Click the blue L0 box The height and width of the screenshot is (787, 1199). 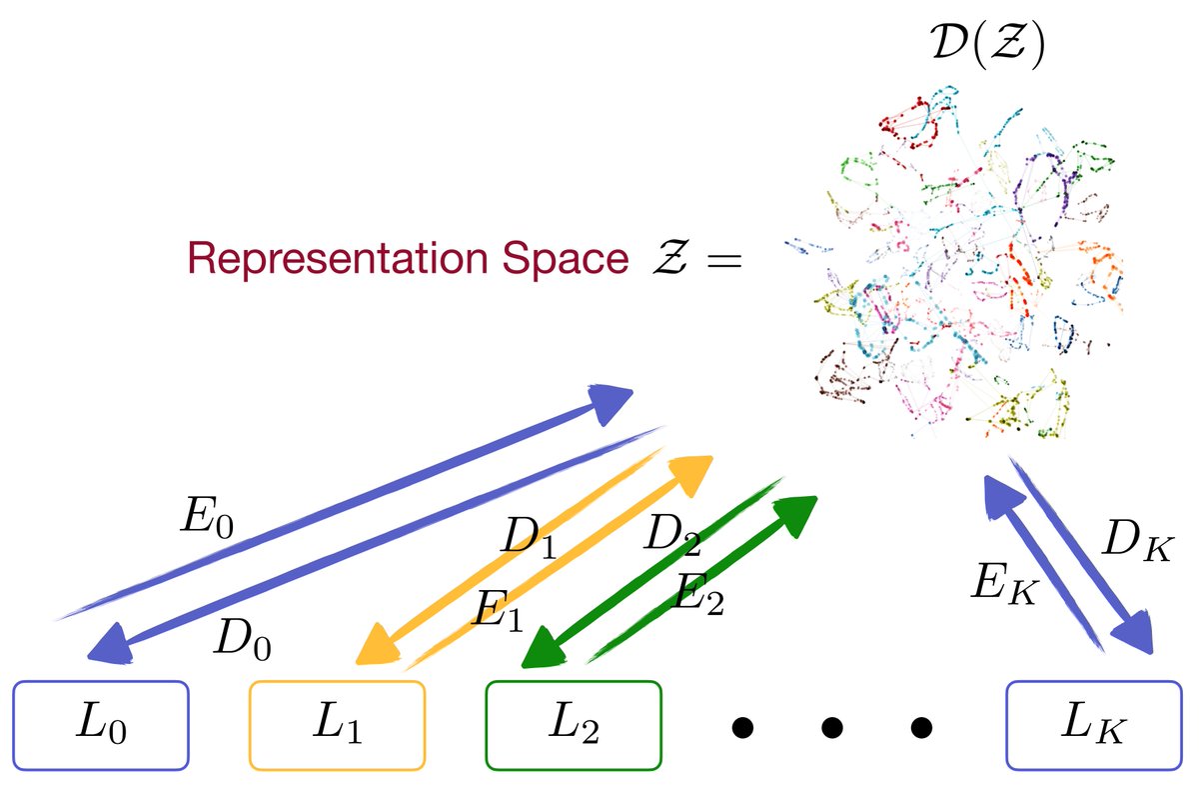(x=101, y=725)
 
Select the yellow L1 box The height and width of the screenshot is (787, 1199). (x=338, y=725)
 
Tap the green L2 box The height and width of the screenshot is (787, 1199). (x=574, y=725)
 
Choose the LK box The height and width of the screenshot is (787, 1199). (x=1093, y=725)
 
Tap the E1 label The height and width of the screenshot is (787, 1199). (x=499, y=608)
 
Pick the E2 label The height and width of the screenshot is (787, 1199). (x=699, y=594)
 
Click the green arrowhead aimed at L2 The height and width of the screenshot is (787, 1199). (x=541, y=650)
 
